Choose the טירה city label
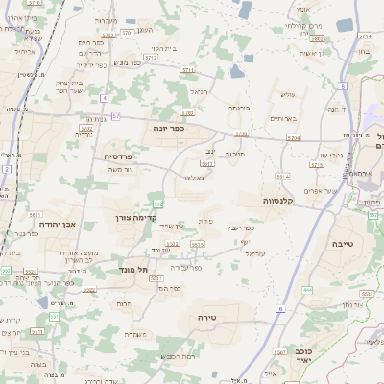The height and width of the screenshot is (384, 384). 206,316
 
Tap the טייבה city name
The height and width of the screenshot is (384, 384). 341,244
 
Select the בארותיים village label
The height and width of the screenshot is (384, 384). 284,118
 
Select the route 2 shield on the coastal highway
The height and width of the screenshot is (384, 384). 6,169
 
